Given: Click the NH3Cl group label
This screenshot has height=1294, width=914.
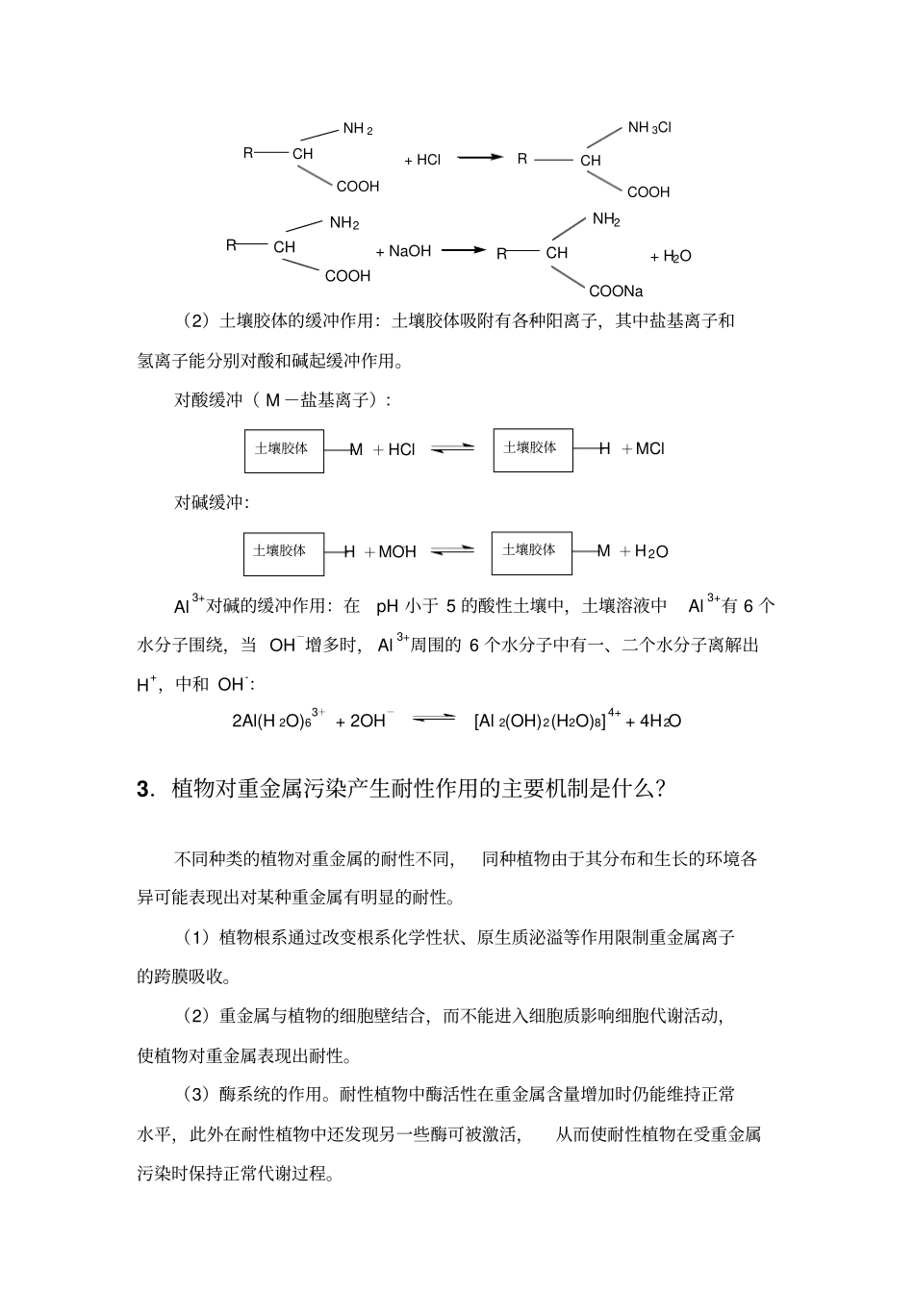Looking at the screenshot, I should (x=648, y=128).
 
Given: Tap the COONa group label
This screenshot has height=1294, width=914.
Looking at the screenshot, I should (x=616, y=292).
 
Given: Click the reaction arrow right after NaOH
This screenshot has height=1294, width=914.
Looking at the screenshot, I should (x=465, y=250).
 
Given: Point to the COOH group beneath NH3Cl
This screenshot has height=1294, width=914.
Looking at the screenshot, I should (x=648, y=192).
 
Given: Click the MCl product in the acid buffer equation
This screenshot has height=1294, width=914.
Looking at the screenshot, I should (x=649, y=448).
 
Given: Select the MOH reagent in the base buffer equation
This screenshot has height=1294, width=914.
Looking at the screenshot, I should (x=397, y=551).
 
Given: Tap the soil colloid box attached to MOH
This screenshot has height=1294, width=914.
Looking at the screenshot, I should (x=284, y=552).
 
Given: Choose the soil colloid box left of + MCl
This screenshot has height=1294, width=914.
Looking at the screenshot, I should (x=533, y=449).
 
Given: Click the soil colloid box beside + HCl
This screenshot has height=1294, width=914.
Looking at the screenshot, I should (x=284, y=449).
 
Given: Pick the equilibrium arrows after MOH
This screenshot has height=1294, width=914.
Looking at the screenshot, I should (x=452, y=550).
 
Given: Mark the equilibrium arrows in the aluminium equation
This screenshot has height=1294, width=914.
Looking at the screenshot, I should (x=434, y=719).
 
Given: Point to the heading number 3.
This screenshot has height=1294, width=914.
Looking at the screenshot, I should (x=143, y=789).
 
